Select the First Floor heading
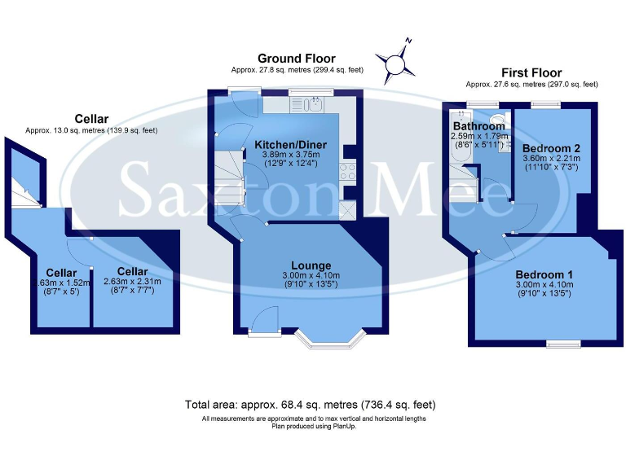coord(531,72)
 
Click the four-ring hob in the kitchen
coord(346,171)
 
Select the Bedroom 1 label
coord(544,274)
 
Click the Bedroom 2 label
coord(551,148)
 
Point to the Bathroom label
coord(479,126)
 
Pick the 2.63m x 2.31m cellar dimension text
coord(133,282)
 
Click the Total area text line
coord(310,404)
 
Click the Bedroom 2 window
coord(541,103)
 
